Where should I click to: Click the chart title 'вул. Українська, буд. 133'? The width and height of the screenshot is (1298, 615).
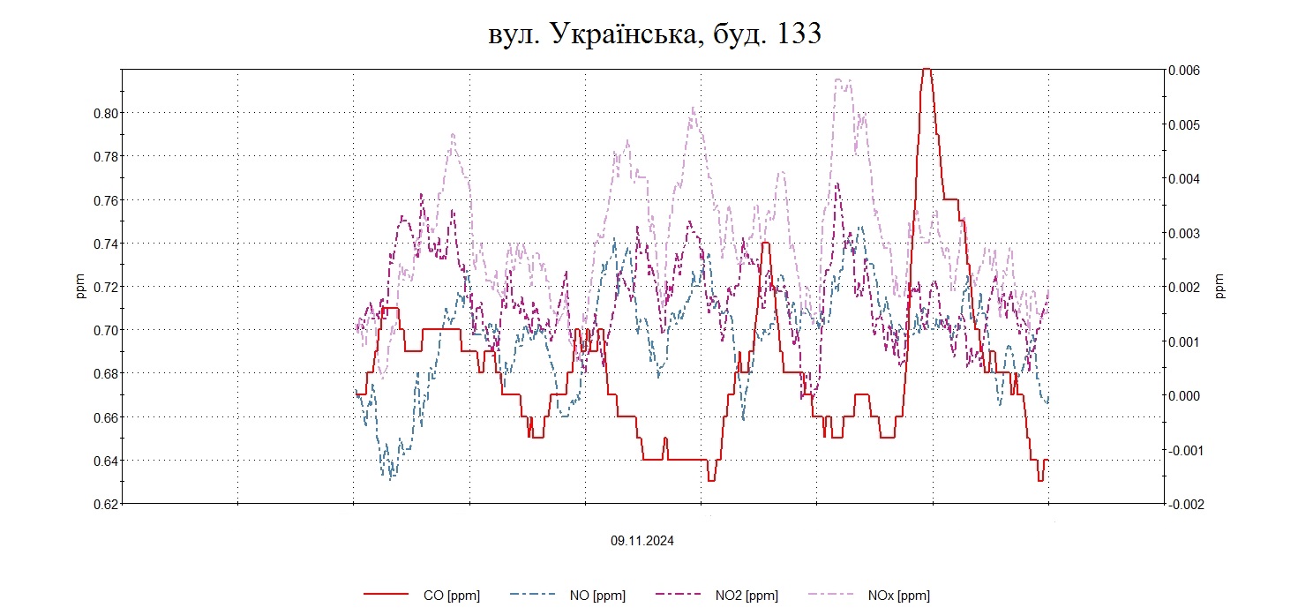pos(655,34)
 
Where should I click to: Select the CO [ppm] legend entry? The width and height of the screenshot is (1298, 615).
pos(451,596)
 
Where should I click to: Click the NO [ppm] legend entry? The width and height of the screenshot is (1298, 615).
pos(604,596)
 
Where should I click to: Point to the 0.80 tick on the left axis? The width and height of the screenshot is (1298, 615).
pos(105,113)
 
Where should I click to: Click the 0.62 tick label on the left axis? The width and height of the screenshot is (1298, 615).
pos(105,504)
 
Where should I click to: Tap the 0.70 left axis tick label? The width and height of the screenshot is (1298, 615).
pos(105,330)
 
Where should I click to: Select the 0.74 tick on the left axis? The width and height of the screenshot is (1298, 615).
pos(105,244)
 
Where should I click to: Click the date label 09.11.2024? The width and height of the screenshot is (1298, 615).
pos(641,541)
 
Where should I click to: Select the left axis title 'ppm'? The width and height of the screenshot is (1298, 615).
pos(80,287)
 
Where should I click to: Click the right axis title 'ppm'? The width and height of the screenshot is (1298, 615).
pos(1220,287)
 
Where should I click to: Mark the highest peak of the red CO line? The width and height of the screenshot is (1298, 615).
pos(926,69)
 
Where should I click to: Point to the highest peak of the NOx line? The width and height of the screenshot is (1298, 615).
pos(842,80)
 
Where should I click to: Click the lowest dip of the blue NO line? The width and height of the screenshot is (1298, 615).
pos(390,477)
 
